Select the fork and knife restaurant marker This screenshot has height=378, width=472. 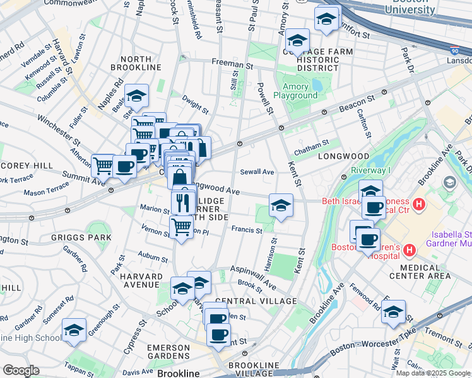coord(180,202)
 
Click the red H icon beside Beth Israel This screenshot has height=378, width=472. coord(418,204)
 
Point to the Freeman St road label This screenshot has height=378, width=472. coord(232,64)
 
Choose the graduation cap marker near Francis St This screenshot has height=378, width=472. coord(281,205)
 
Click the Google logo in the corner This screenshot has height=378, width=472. coord(21,370)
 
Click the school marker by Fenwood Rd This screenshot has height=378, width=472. coord(393,311)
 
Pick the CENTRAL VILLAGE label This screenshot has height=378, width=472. coord(255,301)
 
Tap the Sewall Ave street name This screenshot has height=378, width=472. coord(257,171)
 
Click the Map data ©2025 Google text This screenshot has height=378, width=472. coord(433,373)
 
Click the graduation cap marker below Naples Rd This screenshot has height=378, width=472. coord(136,96)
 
